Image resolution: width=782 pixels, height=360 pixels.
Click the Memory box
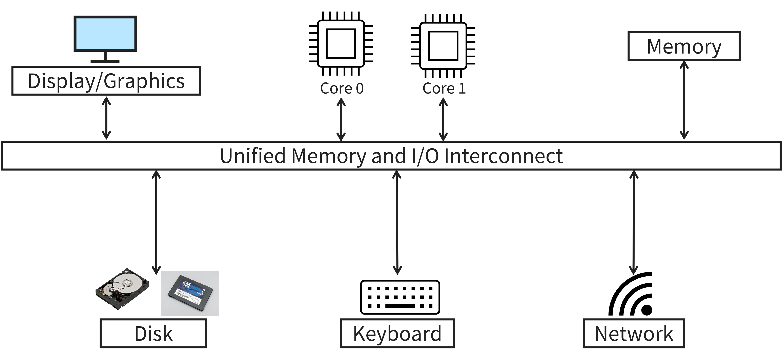click(684, 46)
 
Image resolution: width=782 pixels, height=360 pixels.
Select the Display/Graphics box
click(106, 81)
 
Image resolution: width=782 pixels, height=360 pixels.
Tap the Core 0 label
click(342, 88)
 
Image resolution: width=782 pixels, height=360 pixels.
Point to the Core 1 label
click(444, 88)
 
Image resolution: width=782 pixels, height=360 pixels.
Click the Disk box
click(153, 333)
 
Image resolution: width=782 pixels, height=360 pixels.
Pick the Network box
click(634, 333)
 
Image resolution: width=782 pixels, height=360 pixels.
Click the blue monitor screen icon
click(105, 33)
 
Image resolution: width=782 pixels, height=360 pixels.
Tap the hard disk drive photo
click(122, 289)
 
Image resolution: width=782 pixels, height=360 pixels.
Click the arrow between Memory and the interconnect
click(684, 100)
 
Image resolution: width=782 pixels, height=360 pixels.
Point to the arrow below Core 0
click(341, 119)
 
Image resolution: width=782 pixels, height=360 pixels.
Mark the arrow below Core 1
click(443, 119)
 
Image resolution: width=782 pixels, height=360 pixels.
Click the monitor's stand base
click(105, 61)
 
